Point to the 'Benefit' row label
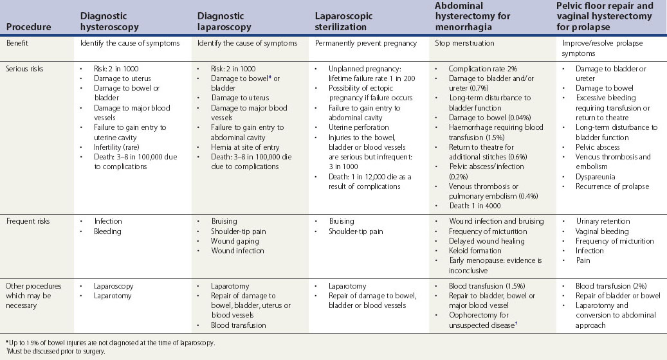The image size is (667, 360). click(x=19, y=44)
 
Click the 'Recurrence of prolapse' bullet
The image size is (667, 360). click(x=612, y=186)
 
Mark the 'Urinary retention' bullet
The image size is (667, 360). click(x=603, y=221)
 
